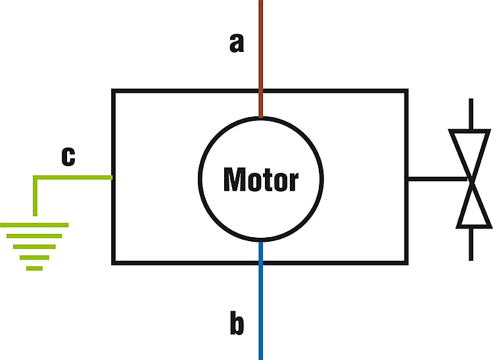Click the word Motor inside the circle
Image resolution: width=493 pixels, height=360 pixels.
tap(261, 179)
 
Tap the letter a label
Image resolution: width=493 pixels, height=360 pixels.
tap(237, 43)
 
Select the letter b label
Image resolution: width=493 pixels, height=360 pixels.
tap(237, 323)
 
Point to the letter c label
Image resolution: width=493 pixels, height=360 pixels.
tap(68, 156)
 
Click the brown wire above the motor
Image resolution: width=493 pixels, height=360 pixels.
tap(261, 58)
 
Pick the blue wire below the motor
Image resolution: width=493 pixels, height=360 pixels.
tap(261, 301)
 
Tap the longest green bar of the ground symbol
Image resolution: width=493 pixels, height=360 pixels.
tap(34, 225)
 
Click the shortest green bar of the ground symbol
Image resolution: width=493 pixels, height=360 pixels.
tap(34, 268)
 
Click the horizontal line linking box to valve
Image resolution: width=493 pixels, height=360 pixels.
tap(438, 179)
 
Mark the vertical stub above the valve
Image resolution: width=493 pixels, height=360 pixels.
tap(471, 114)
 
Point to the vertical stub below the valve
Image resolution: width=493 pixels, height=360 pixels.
tap(471, 244)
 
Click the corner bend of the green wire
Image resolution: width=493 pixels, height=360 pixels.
tap(35, 177)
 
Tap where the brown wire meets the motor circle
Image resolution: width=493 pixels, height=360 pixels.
tap(261, 117)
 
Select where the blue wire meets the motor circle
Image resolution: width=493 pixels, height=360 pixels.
tap(261, 242)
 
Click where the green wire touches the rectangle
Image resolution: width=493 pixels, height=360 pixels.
tap(112, 177)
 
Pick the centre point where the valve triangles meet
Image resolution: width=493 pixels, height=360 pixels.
tap(471, 180)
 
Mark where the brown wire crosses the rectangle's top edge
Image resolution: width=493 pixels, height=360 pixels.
tap(261, 91)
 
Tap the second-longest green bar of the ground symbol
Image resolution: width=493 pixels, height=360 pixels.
tap(34, 236)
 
